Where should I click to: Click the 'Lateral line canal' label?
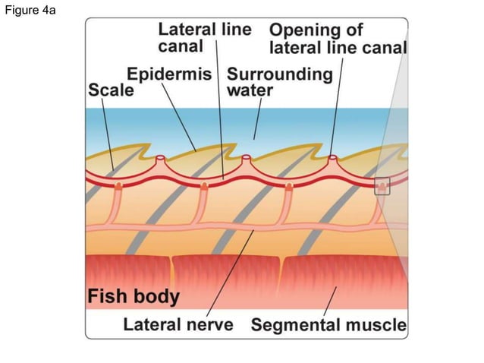205,37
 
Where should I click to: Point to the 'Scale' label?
111,90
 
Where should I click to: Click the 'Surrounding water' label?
279,82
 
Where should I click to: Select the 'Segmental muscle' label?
328,326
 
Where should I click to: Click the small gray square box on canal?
382,185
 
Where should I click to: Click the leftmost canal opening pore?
161,159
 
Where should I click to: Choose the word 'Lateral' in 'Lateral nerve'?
151,326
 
